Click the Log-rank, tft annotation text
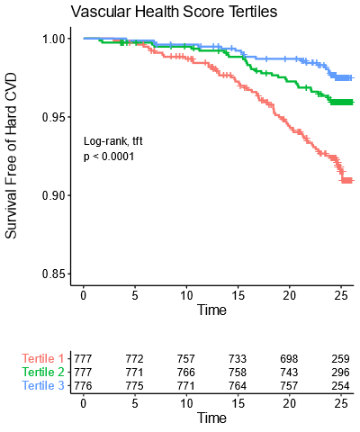(113, 141)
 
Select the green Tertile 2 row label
(44, 373)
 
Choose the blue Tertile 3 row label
(44, 385)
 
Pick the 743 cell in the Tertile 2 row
(289, 373)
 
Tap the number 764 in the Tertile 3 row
(238, 385)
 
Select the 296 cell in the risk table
(340, 373)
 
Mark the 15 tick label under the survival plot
(238, 294)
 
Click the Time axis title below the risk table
(211, 418)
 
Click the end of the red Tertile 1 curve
(350, 181)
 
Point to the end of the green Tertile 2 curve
(350, 103)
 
